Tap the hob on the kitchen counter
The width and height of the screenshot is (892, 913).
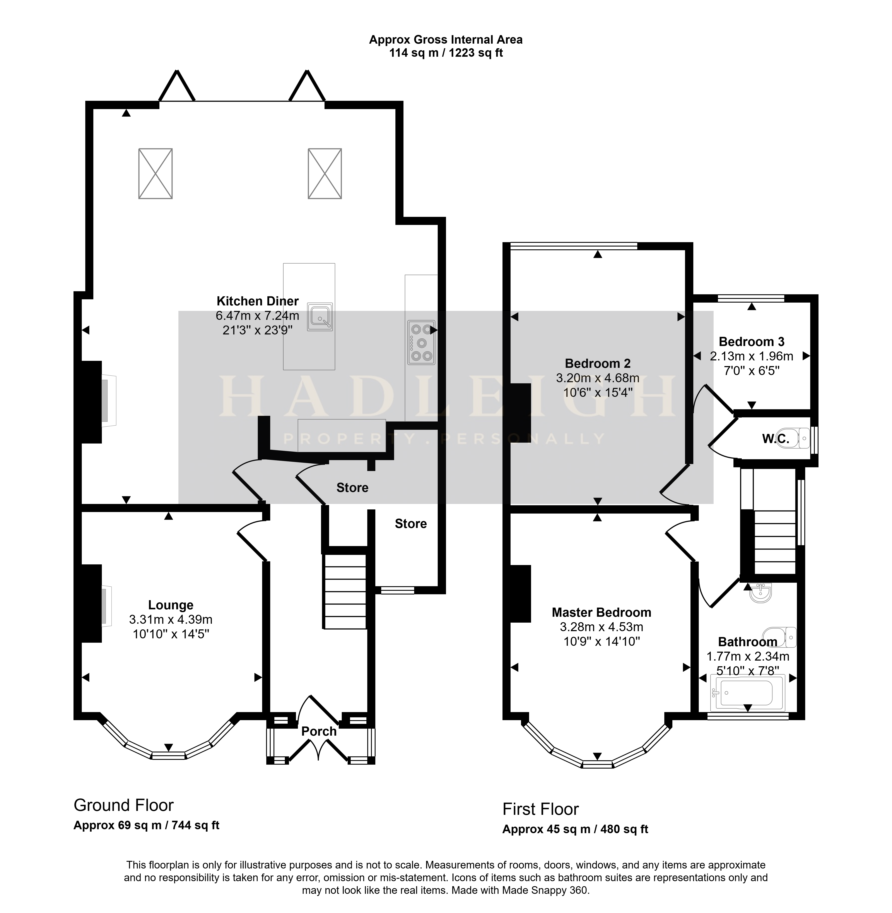tap(421, 342)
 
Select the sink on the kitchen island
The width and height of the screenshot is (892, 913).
tap(320, 316)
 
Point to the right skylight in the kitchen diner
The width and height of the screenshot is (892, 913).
tap(325, 173)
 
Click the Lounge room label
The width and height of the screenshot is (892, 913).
tap(171, 605)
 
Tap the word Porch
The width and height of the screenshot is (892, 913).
tap(319, 731)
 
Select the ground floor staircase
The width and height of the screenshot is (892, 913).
tap(344, 591)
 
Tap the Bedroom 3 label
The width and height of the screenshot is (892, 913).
tap(752, 342)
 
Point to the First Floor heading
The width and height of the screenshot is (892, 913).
tap(541, 809)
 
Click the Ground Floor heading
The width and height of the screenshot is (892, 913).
tap(124, 805)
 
